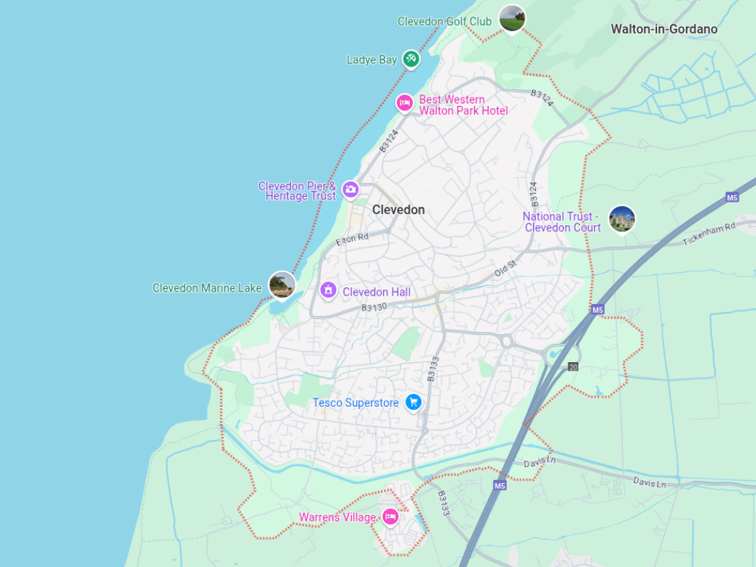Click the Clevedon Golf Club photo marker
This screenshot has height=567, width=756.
512,18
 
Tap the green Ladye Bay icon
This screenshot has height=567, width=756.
411,58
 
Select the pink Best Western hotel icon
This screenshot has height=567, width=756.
405,103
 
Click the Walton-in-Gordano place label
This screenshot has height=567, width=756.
664,29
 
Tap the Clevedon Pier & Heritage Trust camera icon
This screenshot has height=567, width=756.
350,189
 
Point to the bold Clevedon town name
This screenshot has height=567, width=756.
398,209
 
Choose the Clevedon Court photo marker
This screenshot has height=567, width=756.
621,219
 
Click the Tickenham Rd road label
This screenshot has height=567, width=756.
708,234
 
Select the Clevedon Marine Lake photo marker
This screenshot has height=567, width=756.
281,285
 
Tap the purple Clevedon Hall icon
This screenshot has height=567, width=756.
328,290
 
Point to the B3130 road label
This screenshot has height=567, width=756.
373,308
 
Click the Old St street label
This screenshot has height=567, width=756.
504,266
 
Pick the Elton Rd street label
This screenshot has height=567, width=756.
352,240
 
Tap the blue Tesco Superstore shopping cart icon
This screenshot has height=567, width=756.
413,402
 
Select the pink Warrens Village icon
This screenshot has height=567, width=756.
390,516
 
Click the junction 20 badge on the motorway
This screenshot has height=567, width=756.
573,367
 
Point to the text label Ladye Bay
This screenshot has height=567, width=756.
371,60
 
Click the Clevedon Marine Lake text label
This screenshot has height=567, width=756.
207,288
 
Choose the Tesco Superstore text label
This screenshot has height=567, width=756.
355,403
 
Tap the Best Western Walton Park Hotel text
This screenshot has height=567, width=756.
463,105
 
